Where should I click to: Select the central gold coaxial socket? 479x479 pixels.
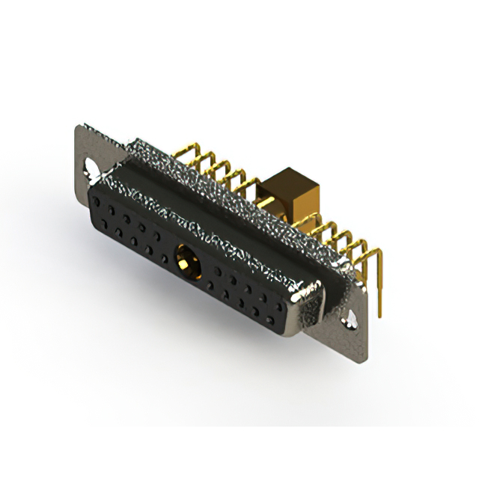coord(184,261)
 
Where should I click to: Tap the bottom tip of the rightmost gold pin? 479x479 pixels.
coord(381,314)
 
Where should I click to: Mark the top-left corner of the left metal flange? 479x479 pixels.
coord(80,126)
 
